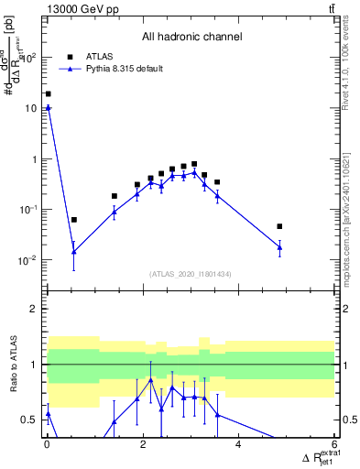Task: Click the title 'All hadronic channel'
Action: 191,38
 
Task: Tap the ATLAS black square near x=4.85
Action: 279,226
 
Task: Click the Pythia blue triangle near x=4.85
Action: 279,247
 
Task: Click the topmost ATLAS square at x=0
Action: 48,93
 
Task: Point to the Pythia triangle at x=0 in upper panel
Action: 48,108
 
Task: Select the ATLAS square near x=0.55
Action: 74,220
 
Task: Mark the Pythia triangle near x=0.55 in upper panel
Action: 74,251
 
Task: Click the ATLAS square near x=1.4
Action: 115,196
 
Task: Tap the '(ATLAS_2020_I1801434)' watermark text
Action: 191,274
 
